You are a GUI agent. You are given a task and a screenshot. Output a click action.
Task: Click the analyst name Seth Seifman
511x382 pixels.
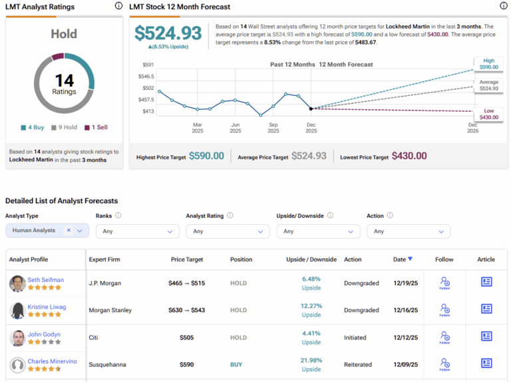[46, 280]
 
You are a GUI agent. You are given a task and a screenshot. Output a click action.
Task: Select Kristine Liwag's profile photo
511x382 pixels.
[17, 311]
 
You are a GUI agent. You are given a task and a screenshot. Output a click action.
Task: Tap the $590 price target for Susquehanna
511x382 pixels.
[186, 365]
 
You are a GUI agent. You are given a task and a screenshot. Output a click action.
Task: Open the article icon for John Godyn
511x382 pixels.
[486, 337]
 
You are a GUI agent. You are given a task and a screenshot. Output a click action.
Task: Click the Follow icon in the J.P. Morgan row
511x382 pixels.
[444, 283]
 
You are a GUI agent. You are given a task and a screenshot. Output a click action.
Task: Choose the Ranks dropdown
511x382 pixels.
[137, 232]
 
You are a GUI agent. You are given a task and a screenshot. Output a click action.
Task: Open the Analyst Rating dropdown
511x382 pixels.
[228, 232]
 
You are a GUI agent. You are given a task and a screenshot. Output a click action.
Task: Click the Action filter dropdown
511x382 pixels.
[408, 232]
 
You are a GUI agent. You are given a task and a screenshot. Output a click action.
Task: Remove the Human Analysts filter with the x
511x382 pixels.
[69, 230]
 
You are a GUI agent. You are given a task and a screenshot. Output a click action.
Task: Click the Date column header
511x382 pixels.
[402, 260]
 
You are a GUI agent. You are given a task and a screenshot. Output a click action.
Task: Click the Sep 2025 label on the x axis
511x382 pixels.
[273, 128]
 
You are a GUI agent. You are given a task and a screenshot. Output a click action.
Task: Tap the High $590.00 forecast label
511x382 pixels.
[488, 64]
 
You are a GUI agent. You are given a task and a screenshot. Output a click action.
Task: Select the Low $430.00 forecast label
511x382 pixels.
[488, 114]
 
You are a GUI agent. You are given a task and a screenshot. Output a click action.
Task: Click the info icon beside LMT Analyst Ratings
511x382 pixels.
[118, 6]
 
